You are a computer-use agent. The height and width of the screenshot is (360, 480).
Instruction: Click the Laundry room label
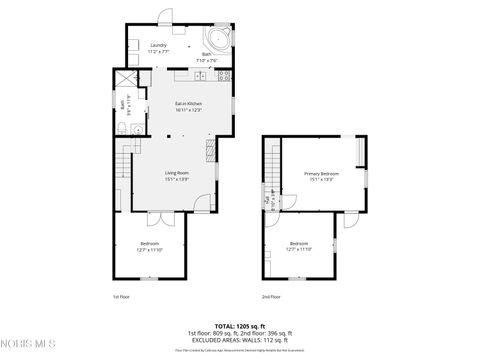(x=158, y=47)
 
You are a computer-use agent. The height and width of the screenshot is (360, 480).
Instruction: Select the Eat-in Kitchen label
(x=189, y=106)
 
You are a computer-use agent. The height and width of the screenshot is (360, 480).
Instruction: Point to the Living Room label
(x=177, y=175)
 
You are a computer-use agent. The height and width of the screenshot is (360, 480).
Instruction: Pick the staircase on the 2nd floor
(x=272, y=160)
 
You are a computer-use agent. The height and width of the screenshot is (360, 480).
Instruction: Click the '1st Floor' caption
(x=121, y=297)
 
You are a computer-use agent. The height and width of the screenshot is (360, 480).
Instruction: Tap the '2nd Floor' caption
(x=271, y=297)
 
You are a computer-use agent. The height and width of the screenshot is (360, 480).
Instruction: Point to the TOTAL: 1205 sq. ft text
(x=237, y=325)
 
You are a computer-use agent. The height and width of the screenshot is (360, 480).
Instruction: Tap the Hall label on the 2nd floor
(x=268, y=197)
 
